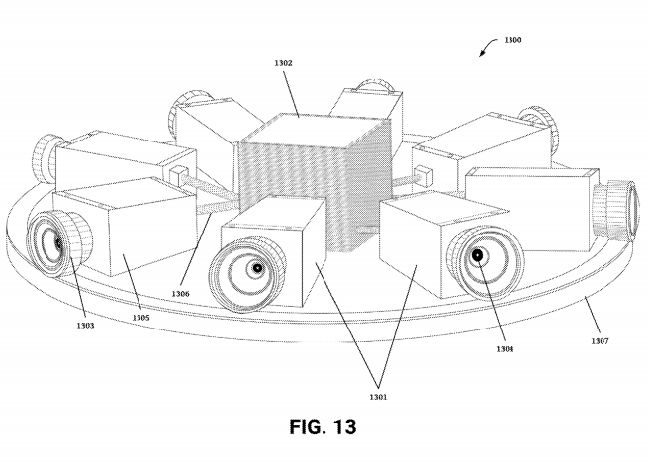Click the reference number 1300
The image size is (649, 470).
pos(512,40)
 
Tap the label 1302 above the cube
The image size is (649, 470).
pos(283,63)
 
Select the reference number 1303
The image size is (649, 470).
pos(85,326)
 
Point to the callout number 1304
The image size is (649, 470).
pos(505,349)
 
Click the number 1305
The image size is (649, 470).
pos(140,318)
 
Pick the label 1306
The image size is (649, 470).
pos(180,294)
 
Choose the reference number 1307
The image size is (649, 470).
pos(600,341)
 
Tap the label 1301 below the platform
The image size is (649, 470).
pos(378,397)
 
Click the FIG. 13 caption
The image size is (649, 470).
pos(323,426)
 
